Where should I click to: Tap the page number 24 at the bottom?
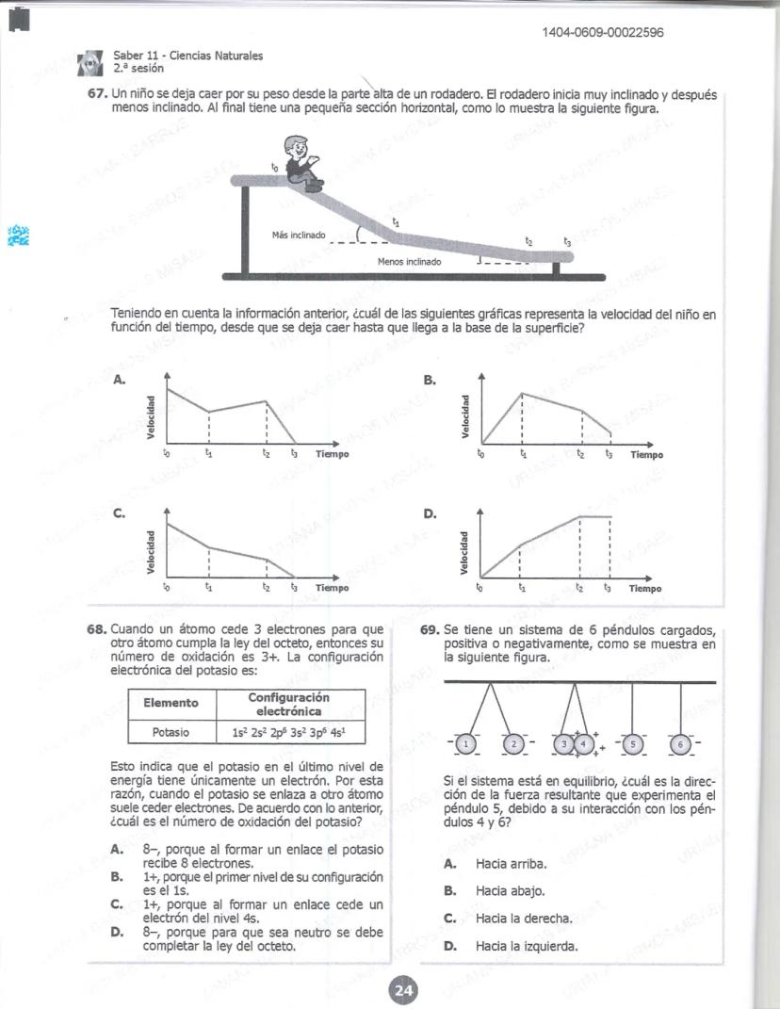403,990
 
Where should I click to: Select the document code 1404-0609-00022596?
603,34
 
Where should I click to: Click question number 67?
98,96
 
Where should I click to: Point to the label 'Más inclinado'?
298,235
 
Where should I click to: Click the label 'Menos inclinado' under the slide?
409,262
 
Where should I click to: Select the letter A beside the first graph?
119,380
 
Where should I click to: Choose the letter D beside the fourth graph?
431,514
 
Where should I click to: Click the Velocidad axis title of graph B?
463,415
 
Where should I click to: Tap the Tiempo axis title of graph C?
332,588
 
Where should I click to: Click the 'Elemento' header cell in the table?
171,703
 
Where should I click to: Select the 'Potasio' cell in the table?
171,731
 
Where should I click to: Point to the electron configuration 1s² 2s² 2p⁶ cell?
291,731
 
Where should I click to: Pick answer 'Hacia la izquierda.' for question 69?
526,946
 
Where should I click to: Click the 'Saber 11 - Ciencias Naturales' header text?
187,57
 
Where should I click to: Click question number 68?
98,629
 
